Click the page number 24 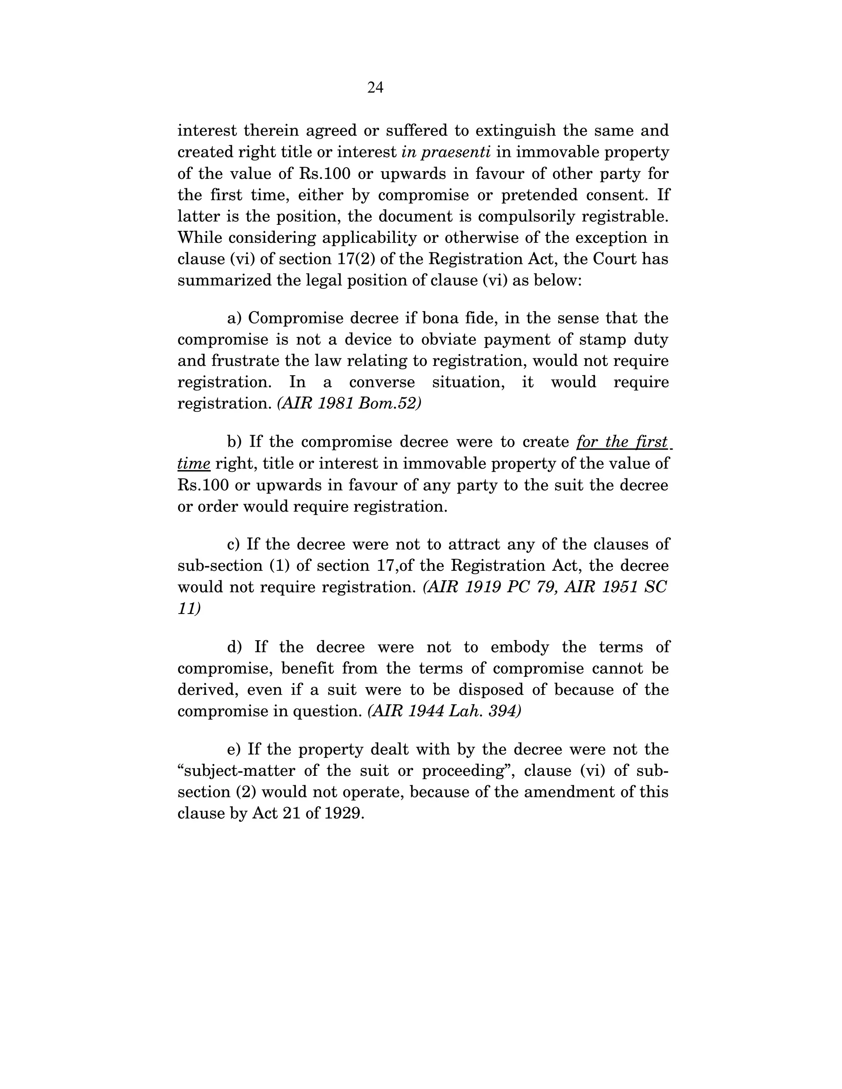375,88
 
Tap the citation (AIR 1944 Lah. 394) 444,711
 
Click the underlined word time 194,464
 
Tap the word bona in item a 437,318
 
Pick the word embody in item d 520,647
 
